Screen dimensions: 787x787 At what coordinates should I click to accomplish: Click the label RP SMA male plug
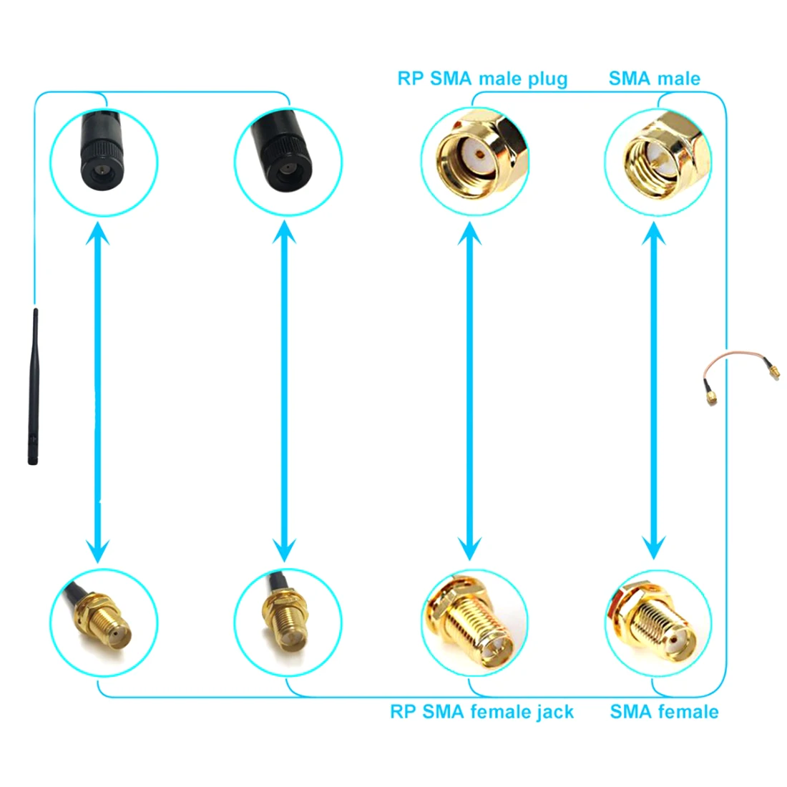(x=482, y=78)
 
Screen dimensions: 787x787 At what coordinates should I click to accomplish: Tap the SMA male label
(x=654, y=78)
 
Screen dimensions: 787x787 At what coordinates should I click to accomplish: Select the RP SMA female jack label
(x=482, y=711)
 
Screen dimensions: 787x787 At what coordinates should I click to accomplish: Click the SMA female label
(x=664, y=711)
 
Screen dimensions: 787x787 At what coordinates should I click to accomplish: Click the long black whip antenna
(x=32, y=386)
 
